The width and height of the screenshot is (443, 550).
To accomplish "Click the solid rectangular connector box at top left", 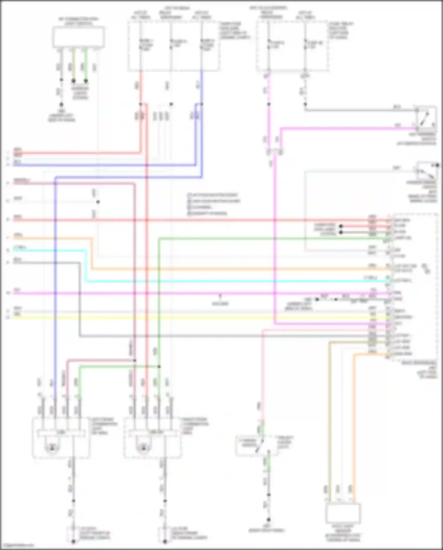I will (79, 37).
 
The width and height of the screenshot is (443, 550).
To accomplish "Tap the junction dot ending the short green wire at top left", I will (86, 80).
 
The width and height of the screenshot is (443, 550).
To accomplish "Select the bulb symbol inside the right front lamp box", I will (144, 448).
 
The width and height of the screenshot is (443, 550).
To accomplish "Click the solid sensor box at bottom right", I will (343, 513).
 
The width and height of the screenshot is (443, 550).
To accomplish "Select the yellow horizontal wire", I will (207, 318).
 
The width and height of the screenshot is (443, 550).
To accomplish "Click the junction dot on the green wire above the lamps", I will (159, 366).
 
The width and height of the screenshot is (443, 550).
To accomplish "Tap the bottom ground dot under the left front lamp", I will (73, 541).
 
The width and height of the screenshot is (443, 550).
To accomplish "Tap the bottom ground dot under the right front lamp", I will (165, 541).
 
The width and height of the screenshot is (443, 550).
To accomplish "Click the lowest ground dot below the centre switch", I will (268, 519).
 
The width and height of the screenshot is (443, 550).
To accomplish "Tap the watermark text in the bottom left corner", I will (17, 546).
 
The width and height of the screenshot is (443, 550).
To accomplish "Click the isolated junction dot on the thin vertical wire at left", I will (98, 202).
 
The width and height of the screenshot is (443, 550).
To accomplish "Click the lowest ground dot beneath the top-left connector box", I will (61, 104).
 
